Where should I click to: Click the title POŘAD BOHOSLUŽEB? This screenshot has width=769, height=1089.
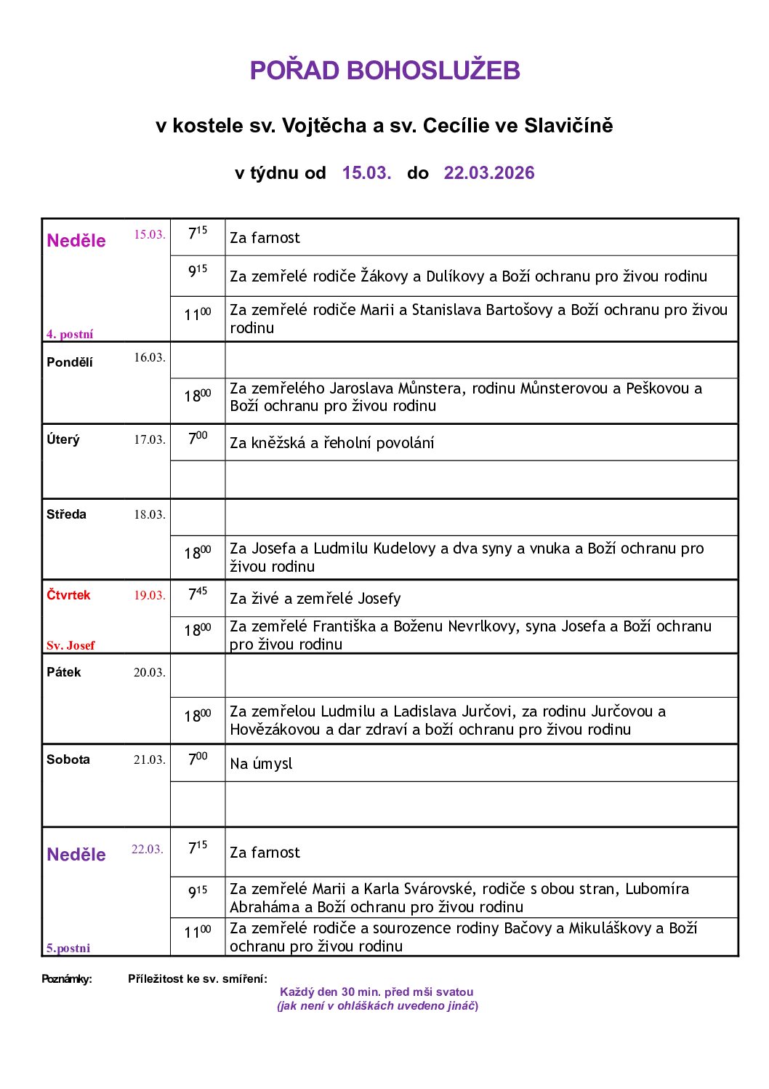click(x=384, y=71)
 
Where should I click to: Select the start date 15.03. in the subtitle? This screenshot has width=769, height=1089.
click(x=366, y=173)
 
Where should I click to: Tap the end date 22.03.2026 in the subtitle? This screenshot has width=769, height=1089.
click(x=488, y=173)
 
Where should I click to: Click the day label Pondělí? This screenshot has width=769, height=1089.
click(x=70, y=362)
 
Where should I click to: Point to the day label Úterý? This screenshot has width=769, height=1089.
click(x=63, y=439)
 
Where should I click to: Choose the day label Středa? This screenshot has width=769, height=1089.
click(x=66, y=514)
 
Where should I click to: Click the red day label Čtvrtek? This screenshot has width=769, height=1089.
click(x=68, y=595)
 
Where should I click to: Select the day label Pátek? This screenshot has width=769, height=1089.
click(x=64, y=672)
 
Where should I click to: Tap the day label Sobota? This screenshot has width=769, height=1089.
click(x=68, y=759)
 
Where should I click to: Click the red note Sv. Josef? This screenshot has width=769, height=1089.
click(x=71, y=645)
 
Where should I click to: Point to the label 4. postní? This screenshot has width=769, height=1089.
click(x=70, y=334)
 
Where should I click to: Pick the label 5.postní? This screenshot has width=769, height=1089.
click(x=68, y=948)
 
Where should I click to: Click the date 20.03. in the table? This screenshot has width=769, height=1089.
click(x=149, y=672)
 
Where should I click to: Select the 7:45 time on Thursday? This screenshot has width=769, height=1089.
click(x=198, y=595)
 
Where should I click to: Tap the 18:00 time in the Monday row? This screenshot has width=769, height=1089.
click(x=198, y=396)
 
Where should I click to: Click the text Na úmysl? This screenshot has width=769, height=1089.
click(x=261, y=763)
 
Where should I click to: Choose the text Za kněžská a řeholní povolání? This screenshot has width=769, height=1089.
click(x=331, y=442)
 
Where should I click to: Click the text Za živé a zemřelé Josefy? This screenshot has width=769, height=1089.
click(x=315, y=598)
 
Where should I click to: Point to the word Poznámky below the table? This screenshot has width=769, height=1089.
click(x=67, y=978)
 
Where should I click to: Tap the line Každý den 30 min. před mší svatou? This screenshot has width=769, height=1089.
click(x=377, y=992)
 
